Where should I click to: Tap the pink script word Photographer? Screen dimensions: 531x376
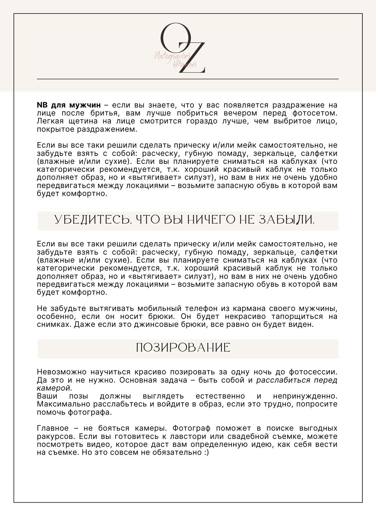tap(172, 56)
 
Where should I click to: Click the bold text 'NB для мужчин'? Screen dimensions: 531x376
tap(69, 105)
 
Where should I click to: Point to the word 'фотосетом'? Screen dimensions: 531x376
tap(315, 113)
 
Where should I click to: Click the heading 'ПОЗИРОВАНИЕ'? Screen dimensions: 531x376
tap(183, 348)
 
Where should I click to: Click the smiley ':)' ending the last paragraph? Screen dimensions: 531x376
tap(206, 452)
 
